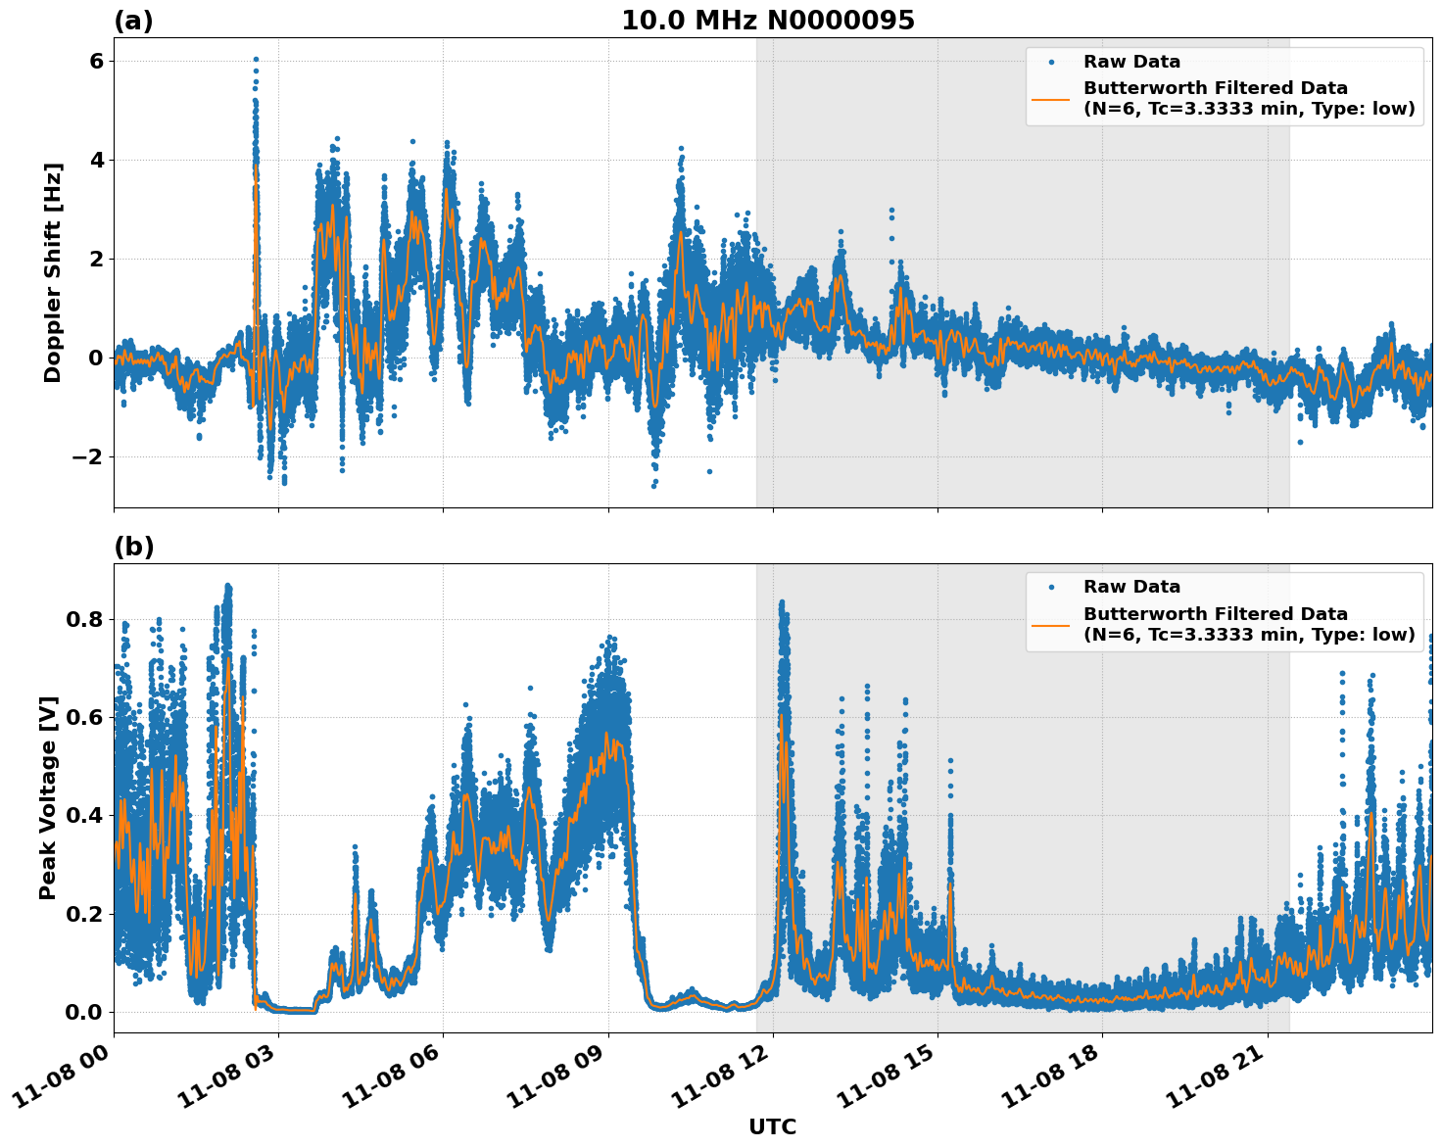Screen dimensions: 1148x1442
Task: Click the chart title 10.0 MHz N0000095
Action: click(x=768, y=21)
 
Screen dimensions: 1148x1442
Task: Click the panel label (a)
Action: click(x=133, y=21)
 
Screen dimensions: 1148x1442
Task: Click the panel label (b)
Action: click(x=133, y=547)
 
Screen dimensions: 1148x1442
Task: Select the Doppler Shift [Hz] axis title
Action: click(x=53, y=272)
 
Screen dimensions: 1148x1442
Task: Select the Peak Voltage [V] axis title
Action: click(x=49, y=797)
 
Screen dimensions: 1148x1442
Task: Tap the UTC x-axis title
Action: click(x=772, y=1127)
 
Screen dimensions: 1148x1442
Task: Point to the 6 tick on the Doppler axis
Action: click(x=96, y=61)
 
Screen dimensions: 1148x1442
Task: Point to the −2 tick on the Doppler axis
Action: click(x=89, y=456)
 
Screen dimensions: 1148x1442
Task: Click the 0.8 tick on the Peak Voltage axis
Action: click(x=84, y=619)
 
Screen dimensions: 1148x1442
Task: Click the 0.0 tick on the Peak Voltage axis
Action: click(x=84, y=1012)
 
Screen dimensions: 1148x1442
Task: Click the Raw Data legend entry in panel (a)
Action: click(x=1131, y=62)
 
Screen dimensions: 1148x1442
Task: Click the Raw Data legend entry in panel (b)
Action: click(x=1131, y=587)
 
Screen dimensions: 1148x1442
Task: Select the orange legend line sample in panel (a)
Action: click(x=1051, y=98)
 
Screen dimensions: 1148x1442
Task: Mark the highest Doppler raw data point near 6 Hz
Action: click(x=256, y=60)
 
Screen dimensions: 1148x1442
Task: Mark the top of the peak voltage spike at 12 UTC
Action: click(x=781, y=602)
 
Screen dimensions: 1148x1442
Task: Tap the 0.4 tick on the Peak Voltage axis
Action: click(x=84, y=815)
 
